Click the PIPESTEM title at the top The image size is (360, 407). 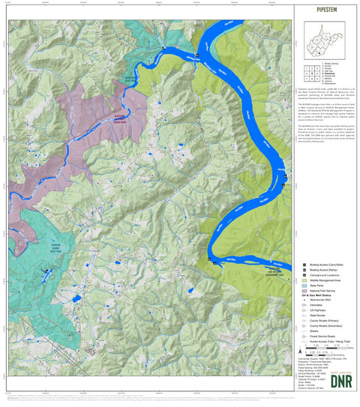point(325,10)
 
